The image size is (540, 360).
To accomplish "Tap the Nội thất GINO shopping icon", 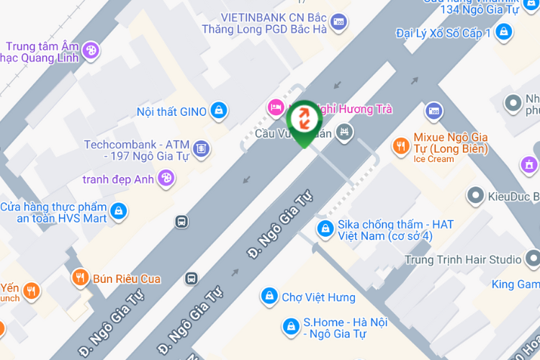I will pos(219,111).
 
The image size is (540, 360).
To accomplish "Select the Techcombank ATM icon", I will pos(202,148).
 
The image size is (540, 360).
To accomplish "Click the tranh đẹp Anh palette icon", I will pos(166,178).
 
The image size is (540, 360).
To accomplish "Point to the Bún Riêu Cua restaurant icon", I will pos(79,278).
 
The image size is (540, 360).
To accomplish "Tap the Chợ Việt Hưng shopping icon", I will pos(269,297).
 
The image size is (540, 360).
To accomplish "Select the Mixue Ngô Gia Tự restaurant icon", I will pos(401,147).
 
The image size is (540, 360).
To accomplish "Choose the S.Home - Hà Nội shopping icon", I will pos(290,327).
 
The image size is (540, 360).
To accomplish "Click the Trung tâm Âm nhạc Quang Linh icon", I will pos(91,50).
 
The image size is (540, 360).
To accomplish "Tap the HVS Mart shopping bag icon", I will pos(119,212).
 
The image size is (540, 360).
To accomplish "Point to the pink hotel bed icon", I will pos(275,109).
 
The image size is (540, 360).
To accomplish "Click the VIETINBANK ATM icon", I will pos(339,22).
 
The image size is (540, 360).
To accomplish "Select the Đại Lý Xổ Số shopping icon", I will pos(505,32).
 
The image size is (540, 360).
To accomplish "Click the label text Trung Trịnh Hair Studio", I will pos(463,260).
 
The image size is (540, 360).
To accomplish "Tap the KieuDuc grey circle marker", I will pos(475,195).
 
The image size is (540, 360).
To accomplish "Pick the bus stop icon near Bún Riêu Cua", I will pos(192,278).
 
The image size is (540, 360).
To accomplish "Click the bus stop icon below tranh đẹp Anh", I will pos(181,222).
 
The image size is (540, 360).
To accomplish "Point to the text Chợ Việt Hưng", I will pos(318,297).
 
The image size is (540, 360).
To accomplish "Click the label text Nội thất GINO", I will pos(171,112).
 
